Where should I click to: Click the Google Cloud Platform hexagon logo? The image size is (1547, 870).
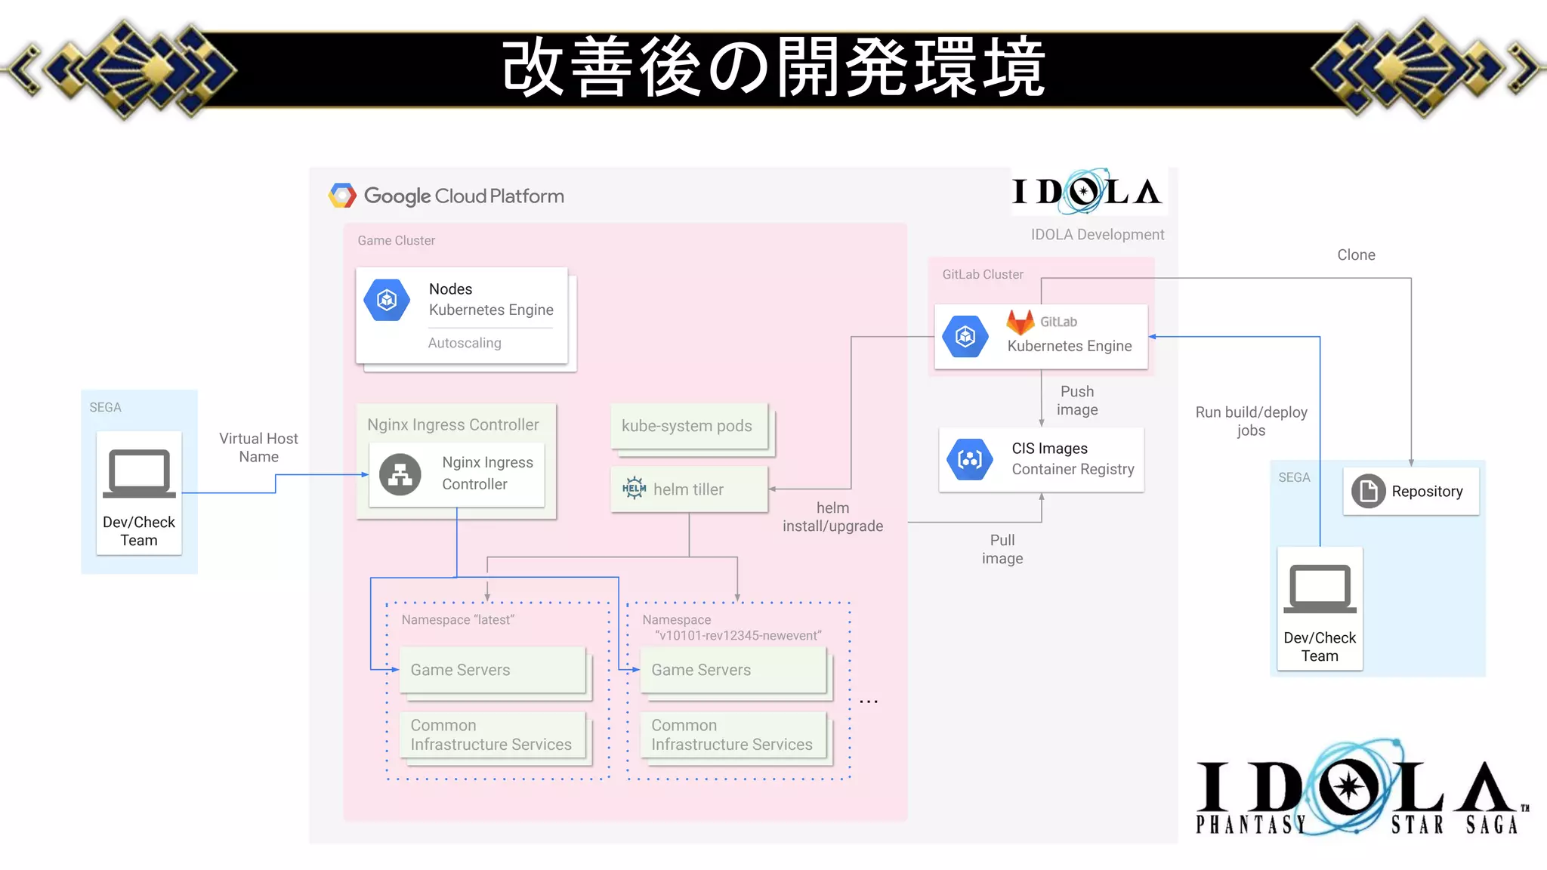342,196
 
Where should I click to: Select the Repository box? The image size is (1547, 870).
1410,492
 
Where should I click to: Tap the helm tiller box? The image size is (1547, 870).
688,489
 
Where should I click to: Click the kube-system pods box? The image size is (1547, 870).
688,426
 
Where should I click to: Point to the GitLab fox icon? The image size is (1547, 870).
1020,322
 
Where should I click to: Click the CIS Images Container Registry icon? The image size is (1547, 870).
969,459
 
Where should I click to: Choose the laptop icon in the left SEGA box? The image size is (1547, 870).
139,474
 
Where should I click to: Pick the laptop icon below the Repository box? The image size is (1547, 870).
1320,588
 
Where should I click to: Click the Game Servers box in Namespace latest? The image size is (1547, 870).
493,670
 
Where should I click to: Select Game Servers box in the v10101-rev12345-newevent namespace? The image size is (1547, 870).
733,670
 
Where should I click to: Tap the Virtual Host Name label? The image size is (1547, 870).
258,448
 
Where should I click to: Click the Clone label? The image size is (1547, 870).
1356,255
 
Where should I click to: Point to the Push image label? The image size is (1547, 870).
1077,401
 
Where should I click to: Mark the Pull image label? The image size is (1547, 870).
1002,549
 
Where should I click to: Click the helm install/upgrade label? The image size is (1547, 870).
832,517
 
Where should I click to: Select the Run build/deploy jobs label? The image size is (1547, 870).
1251,421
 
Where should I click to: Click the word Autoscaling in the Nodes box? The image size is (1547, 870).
465,343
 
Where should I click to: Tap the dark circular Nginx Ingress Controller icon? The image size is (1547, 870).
400,474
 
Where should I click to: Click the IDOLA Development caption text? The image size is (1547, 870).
1097,235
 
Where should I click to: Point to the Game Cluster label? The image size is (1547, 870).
396,241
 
